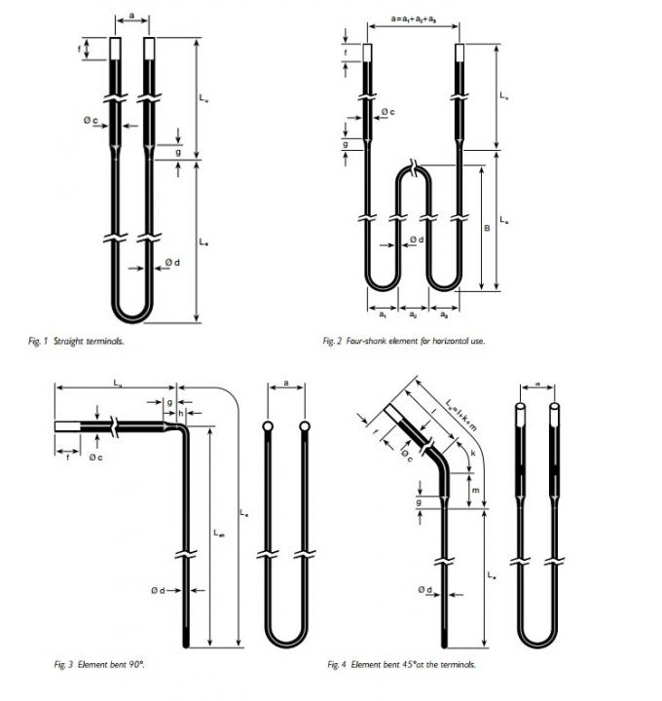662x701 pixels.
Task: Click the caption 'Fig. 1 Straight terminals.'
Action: (x=76, y=342)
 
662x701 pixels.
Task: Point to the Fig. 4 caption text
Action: (x=402, y=666)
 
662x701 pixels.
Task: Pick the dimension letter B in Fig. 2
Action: (x=486, y=228)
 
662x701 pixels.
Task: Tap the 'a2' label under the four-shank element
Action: (x=414, y=315)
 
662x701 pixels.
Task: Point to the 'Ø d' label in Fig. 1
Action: (x=170, y=263)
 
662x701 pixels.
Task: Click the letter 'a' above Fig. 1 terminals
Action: (x=131, y=17)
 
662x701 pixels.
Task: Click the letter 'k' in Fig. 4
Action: (x=473, y=455)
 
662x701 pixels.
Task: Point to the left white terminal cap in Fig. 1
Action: (x=116, y=49)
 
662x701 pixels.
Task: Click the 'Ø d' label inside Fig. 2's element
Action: (x=416, y=240)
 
